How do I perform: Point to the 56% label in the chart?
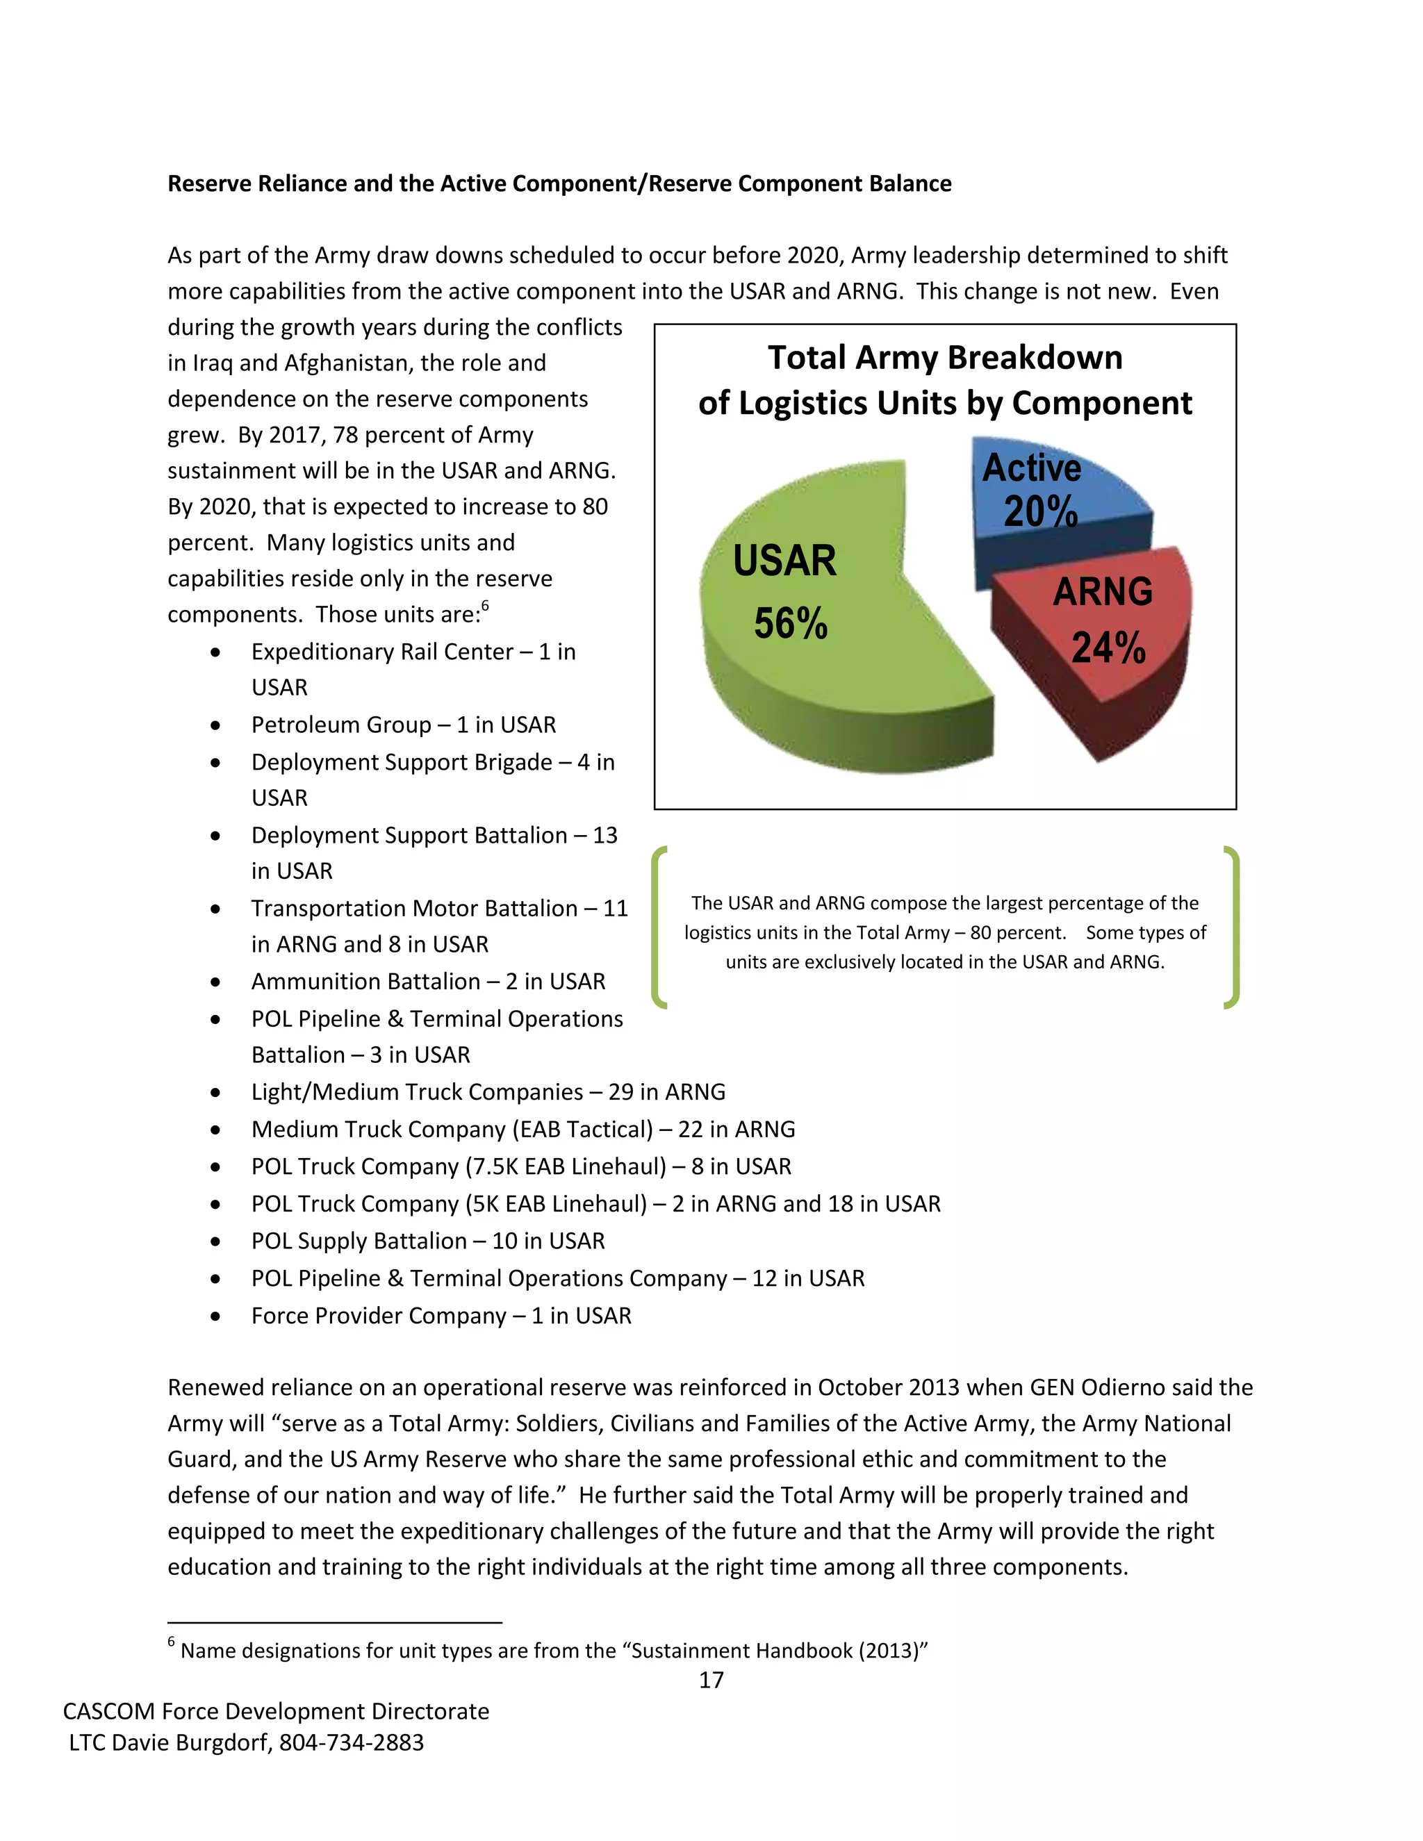point(790,624)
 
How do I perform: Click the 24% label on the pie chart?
point(1108,648)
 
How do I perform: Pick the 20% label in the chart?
point(1040,512)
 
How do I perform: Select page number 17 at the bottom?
point(711,1680)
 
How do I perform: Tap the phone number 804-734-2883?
point(352,1742)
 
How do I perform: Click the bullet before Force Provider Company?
point(217,1316)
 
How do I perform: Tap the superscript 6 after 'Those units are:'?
point(486,606)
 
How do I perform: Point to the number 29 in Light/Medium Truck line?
point(620,1093)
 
